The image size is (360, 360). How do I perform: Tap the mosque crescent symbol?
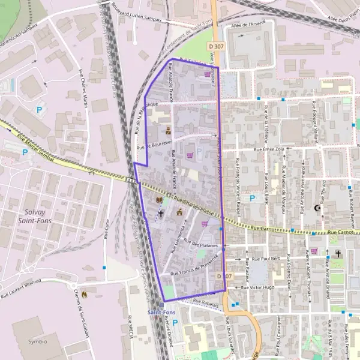coord(317,209)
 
